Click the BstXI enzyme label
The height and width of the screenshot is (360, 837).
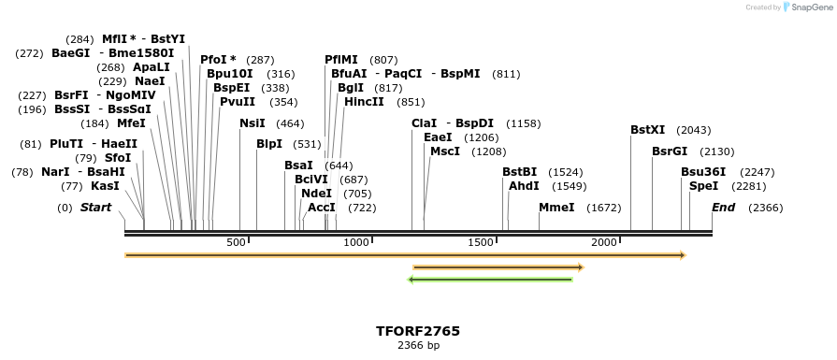[647, 130]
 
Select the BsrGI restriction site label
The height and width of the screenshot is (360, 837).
[669, 151]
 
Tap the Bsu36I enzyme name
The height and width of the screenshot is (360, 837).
[702, 172]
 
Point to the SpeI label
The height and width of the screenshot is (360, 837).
[703, 186]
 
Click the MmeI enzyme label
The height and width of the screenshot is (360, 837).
[556, 208]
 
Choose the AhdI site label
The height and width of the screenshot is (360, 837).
[524, 186]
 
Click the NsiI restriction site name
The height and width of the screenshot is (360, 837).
[253, 122]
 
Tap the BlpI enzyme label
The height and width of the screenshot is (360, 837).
[269, 144]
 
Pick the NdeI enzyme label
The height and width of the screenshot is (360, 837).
[316, 194]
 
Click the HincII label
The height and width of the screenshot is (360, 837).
[364, 102]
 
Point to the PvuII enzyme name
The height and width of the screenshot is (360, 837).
[238, 102]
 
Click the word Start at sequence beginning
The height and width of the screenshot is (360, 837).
[95, 208]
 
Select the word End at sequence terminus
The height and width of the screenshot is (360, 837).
[723, 208]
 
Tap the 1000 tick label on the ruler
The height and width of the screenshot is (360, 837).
[357, 243]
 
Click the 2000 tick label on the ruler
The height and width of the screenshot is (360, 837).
[604, 243]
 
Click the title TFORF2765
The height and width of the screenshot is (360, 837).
[418, 331]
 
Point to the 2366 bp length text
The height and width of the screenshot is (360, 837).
[418, 346]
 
